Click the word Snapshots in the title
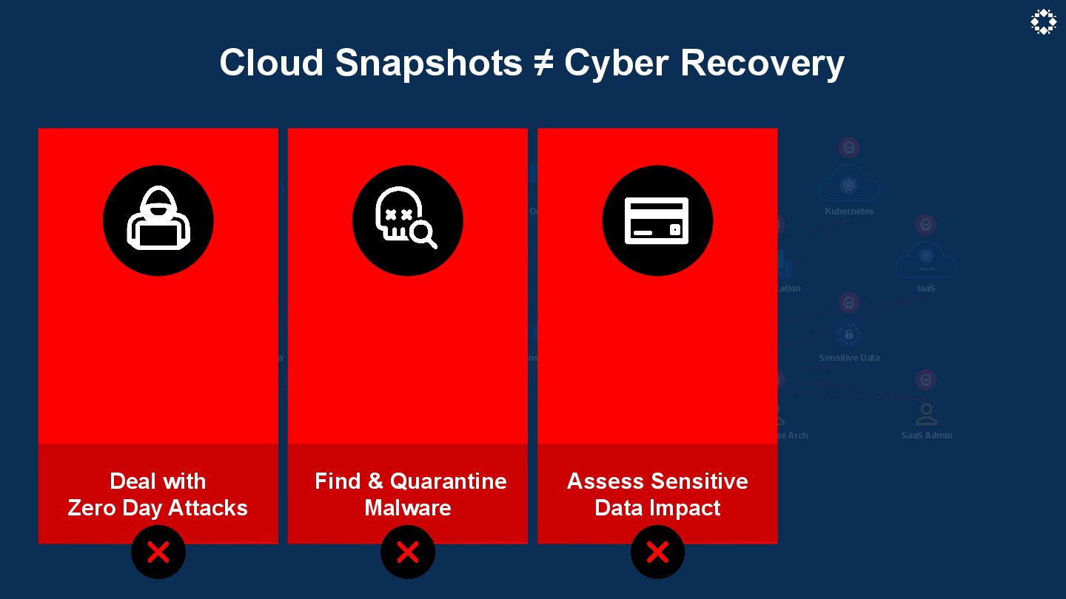[429, 63]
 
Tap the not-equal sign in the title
[543, 63]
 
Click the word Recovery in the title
[762, 63]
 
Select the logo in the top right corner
[1043, 22]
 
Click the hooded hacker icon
[158, 220]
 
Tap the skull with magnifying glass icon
[407, 220]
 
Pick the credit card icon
[657, 220]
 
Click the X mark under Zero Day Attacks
[158, 552]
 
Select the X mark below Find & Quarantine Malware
[408, 552]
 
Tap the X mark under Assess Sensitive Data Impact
[657, 552]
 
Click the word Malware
[408, 508]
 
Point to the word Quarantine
[449, 481]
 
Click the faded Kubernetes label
[849, 211]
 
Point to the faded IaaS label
[926, 288]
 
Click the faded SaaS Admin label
[926, 436]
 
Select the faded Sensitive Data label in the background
[849, 358]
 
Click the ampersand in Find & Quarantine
[375, 481]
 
